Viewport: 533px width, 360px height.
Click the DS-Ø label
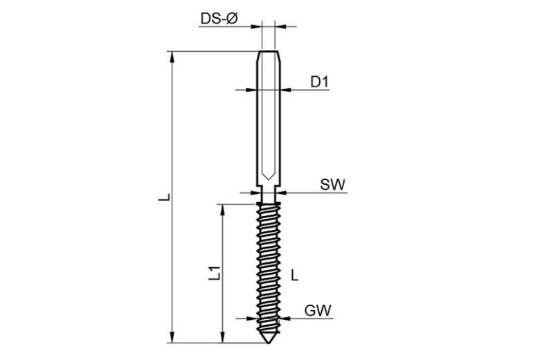(219, 19)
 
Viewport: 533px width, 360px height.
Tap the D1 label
(320, 82)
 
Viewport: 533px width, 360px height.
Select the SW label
(332, 185)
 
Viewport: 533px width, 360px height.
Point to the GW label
(318, 311)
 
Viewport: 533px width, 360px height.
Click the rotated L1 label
(215, 273)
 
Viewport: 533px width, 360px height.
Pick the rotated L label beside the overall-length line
(165, 197)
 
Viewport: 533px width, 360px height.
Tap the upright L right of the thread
(295, 275)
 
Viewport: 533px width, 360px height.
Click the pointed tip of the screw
(269, 343)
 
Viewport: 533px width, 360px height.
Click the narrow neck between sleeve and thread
(269, 195)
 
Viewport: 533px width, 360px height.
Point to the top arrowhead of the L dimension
(173, 57)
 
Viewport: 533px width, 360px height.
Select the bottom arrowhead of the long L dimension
(173, 337)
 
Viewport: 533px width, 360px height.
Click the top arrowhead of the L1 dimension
(223, 210)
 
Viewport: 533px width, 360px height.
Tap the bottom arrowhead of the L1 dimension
(223, 337)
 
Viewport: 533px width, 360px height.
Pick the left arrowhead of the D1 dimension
(251, 90)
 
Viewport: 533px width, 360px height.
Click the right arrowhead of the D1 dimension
(287, 90)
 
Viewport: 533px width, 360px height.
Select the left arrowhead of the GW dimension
(252, 318)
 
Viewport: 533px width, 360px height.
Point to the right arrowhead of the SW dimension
(281, 192)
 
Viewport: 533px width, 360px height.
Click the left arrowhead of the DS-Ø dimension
(257, 26)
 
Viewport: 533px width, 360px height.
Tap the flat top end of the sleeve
(269, 51)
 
